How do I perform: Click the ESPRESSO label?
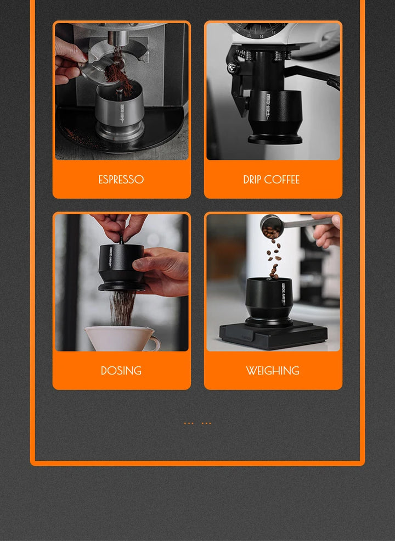coord(121,180)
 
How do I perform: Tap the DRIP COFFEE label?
coord(271,180)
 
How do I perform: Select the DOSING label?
coord(121,371)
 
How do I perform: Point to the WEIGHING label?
coord(273,371)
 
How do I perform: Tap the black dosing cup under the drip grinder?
coord(274,113)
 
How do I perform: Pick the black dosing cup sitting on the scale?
coord(269,299)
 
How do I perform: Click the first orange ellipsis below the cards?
coord(189,423)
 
